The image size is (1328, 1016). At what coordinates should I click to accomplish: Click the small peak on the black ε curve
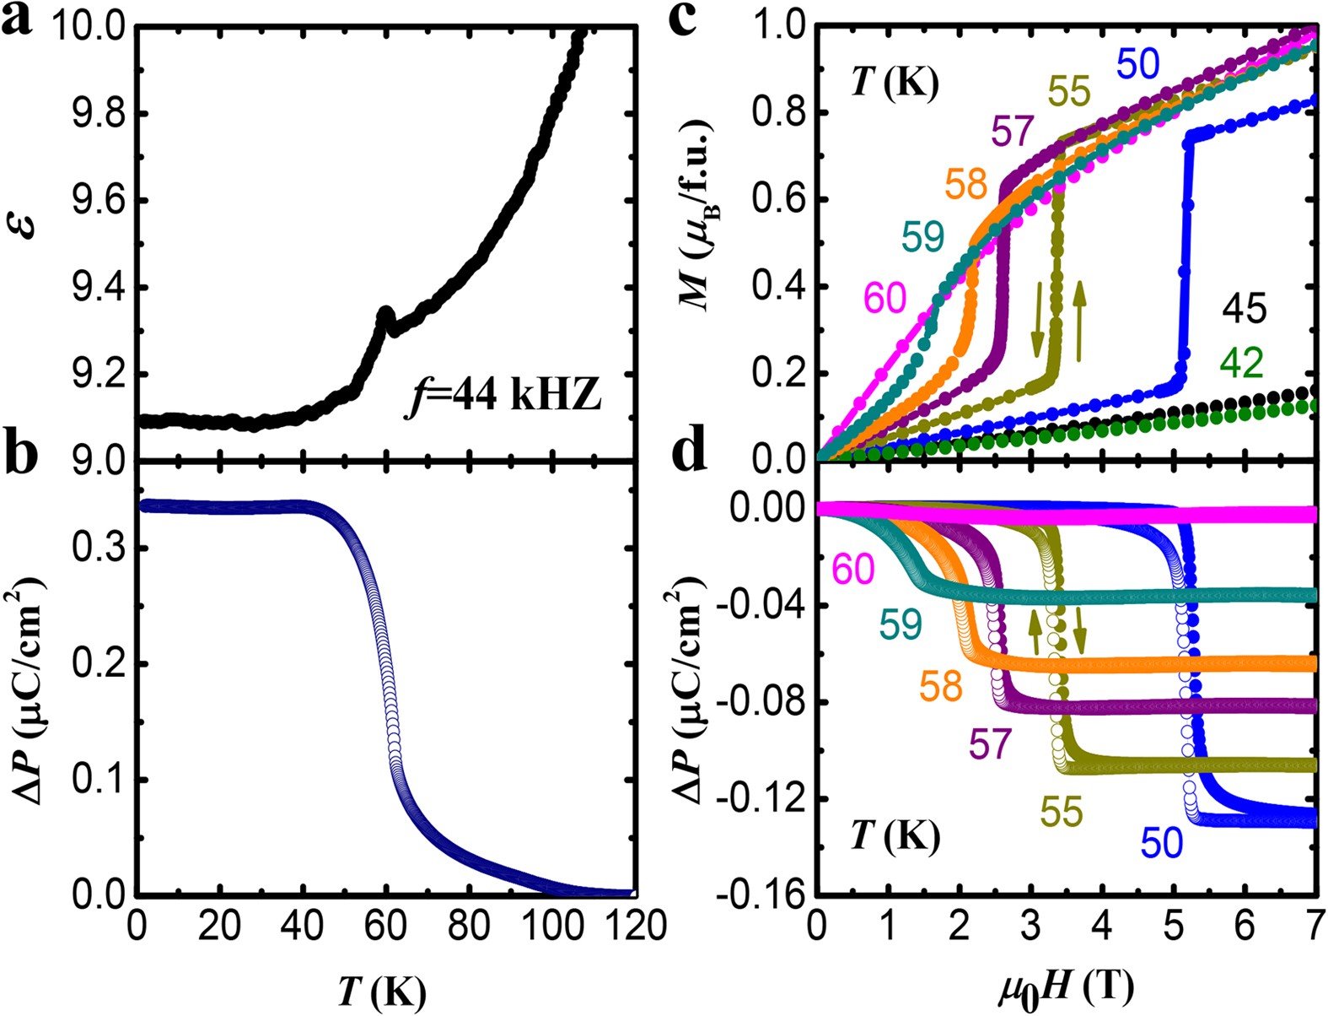(385, 315)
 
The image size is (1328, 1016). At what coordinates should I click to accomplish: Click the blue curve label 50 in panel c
(1138, 64)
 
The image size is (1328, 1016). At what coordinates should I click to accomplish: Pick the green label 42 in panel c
(1241, 364)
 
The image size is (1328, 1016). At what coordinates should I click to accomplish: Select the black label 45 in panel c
(1244, 309)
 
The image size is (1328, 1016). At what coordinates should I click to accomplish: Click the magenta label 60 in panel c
(884, 298)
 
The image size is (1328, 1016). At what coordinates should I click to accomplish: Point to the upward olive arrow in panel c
(1080, 317)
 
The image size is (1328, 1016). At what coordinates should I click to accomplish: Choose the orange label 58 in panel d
(940, 687)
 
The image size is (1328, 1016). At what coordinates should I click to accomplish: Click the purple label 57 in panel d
(989, 744)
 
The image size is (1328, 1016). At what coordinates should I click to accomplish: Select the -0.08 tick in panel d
(757, 703)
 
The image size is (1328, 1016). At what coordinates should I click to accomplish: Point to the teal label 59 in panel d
(901, 625)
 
